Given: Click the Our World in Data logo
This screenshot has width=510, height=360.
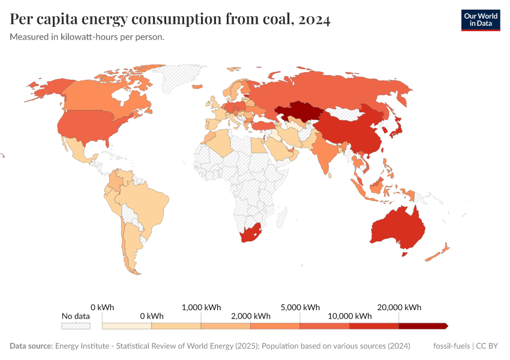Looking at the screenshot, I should pos(480,20).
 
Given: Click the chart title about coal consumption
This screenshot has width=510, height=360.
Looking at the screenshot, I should pos(170,20).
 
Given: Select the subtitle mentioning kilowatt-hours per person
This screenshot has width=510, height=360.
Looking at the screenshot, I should pos(87,37).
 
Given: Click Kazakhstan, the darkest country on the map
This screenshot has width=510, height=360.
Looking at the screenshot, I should pos(298,112).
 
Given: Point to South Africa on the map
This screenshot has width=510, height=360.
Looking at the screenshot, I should pos(251,234).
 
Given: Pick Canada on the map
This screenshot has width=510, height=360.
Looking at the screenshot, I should pos(102,96).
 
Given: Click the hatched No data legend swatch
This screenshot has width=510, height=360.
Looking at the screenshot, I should pos(76,326).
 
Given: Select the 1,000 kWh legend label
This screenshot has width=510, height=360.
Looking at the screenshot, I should pos(201,307).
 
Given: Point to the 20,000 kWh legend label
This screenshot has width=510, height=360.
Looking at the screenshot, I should pos(399,307).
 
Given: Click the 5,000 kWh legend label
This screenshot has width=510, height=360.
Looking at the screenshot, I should pos(299,307).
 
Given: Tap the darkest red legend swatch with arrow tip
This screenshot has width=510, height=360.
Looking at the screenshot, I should pos(423,326).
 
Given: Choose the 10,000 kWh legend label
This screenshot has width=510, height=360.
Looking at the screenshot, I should pos(349,316).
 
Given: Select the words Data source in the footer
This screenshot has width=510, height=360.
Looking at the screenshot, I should pos(31,346).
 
